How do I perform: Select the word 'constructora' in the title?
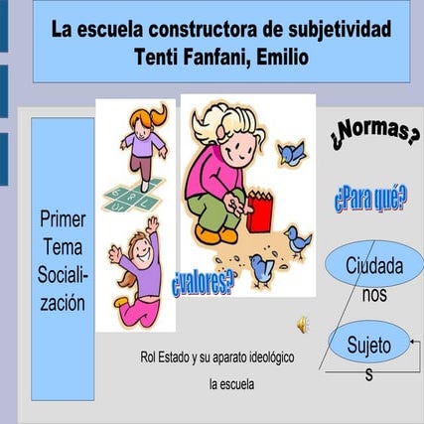(203, 29)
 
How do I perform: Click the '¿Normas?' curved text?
(375, 133)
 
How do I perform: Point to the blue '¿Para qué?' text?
(370, 198)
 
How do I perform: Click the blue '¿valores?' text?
(203, 283)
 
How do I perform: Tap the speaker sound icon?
(303, 325)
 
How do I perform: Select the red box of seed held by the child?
(260, 212)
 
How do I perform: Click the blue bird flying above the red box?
(291, 153)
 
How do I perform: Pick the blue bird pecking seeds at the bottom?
(262, 270)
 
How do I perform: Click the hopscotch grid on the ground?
(134, 195)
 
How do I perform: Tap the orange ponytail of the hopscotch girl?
(160, 114)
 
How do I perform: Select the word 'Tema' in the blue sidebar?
(63, 247)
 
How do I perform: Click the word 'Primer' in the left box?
(63, 219)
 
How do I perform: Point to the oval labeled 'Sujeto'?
(369, 342)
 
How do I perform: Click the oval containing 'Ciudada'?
(374, 264)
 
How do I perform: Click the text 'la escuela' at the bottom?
(231, 384)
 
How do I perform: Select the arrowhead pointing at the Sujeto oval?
(412, 342)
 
